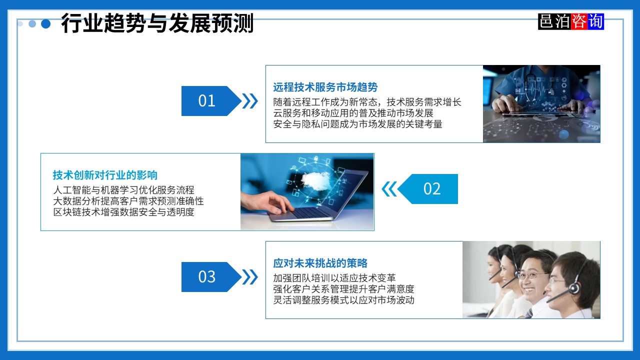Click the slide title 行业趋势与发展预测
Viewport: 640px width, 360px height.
pyautogui.click(x=157, y=23)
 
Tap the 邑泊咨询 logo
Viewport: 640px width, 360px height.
pyautogui.click(x=571, y=21)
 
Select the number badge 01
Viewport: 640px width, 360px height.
pyautogui.click(x=207, y=101)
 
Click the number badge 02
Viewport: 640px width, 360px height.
pyautogui.click(x=432, y=189)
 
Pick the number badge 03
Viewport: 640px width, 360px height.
pyautogui.click(x=207, y=277)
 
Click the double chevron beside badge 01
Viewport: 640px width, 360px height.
pyautogui.click(x=250, y=101)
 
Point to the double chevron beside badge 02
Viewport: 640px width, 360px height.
pyautogui.click(x=389, y=189)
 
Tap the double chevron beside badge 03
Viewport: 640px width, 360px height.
pyautogui.click(x=250, y=277)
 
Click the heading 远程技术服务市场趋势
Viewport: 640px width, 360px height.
pyautogui.click(x=325, y=87)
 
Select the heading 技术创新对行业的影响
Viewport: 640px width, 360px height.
pyautogui.click(x=105, y=175)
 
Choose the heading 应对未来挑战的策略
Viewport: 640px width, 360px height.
pyautogui.click(x=320, y=263)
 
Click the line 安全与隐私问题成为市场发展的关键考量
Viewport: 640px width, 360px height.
pyautogui.click(x=358, y=124)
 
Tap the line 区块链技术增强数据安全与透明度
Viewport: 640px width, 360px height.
pyautogui.click(x=123, y=212)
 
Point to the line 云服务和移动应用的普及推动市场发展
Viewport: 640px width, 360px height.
pyautogui.click(x=353, y=113)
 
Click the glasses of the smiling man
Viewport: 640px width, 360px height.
pyautogui.click(x=529, y=274)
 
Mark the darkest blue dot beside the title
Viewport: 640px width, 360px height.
pyautogui.click(x=46, y=23)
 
